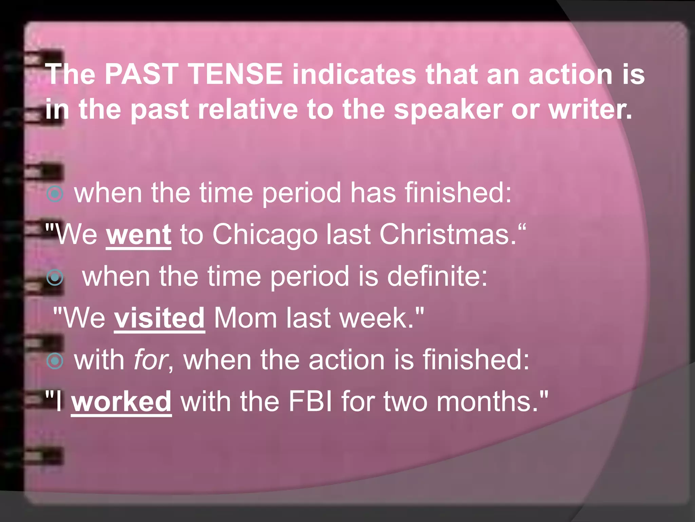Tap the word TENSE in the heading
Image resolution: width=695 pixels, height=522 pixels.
(x=236, y=74)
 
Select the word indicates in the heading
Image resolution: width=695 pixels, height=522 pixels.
(x=354, y=74)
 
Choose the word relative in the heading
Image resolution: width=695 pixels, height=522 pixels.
(x=248, y=109)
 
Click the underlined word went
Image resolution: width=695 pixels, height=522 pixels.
(x=138, y=234)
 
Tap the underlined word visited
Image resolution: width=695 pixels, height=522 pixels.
(x=159, y=318)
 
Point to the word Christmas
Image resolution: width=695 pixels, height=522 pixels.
(x=448, y=234)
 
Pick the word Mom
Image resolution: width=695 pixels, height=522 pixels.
(x=245, y=318)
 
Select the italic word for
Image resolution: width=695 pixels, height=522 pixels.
(x=150, y=360)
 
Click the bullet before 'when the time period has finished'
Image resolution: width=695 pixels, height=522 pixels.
(x=55, y=194)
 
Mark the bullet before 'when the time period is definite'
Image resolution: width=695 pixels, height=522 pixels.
(x=55, y=277)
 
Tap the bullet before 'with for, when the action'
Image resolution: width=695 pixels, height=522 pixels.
(x=55, y=361)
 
